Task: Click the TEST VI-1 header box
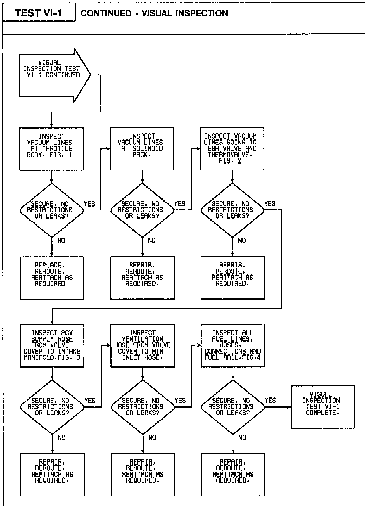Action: (39, 13)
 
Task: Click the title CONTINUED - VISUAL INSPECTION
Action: (154, 13)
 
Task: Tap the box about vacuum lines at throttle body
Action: (51, 149)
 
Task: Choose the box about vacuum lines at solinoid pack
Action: (142, 149)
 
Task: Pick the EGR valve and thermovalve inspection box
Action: (232, 149)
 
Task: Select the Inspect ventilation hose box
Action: (142, 345)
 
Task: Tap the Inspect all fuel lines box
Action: (233, 345)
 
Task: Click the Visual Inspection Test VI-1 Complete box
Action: (323, 407)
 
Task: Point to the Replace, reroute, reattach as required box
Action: (52, 278)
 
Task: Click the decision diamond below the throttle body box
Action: (52, 210)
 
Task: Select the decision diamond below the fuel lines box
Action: (233, 407)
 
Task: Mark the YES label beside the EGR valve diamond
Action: (270, 203)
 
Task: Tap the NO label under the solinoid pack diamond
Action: (152, 241)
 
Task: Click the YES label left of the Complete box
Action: (270, 401)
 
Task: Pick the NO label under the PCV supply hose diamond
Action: (61, 437)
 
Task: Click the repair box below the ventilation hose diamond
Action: (143, 474)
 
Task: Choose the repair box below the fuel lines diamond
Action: (233, 474)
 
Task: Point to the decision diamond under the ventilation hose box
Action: (143, 407)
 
